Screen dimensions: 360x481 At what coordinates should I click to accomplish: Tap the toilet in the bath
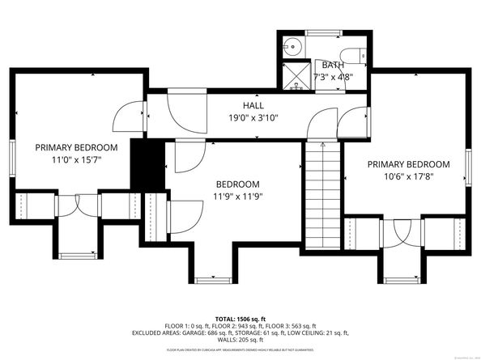click(x=355, y=56)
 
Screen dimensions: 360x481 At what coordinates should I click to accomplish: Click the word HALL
click(x=253, y=106)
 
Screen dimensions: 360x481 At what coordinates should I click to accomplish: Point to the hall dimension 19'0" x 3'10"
click(x=253, y=117)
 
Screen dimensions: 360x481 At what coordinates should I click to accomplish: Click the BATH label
click(x=333, y=66)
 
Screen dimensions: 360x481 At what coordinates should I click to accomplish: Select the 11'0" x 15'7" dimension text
click(x=76, y=159)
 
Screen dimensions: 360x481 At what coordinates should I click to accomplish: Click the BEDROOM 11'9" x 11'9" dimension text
click(x=238, y=196)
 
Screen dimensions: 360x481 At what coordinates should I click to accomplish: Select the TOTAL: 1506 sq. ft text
click(x=240, y=320)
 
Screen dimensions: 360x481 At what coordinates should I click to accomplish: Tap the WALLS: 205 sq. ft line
click(x=240, y=340)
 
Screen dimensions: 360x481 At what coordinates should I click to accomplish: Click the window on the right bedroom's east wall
click(x=469, y=166)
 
